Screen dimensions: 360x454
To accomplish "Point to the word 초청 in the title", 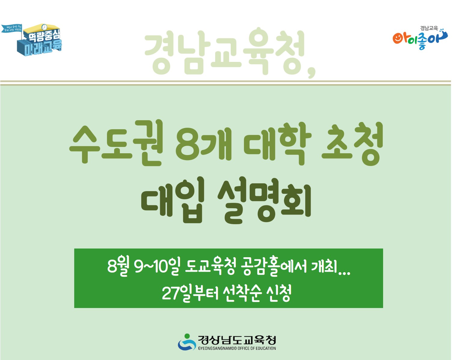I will point(352,143).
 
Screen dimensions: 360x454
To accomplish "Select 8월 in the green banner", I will point(118,266).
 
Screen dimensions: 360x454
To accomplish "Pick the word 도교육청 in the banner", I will point(210,266).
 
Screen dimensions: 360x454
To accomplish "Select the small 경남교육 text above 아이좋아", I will point(429,28).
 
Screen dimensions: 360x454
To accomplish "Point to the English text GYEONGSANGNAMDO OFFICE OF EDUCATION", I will point(237,349).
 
